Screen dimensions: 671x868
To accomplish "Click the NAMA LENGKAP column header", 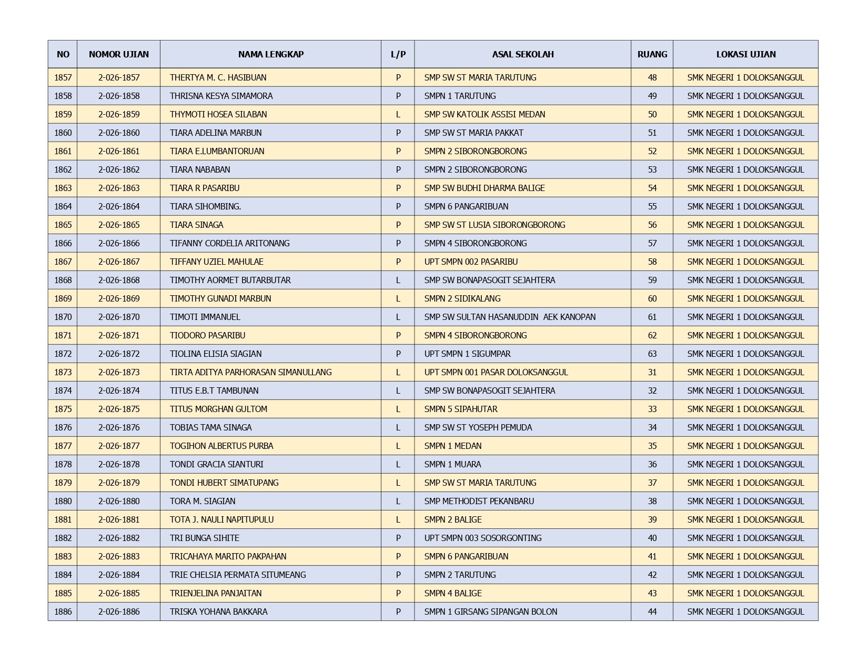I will (270, 54).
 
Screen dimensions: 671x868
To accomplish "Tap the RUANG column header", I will (652, 54).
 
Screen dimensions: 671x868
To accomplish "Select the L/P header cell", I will (398, 54).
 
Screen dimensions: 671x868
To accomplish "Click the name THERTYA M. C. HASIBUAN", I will (218, 77).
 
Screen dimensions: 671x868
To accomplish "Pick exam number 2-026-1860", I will (119, 133).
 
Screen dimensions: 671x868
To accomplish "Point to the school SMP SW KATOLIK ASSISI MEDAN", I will (485, 114).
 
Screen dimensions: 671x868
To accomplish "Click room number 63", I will (652, 354).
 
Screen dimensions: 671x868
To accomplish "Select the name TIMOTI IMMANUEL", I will (205, 317).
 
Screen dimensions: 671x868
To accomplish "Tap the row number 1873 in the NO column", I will (63, 372).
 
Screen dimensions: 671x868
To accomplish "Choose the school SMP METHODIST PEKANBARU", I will (479, 501).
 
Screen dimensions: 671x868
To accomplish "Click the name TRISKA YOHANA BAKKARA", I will (218, 612).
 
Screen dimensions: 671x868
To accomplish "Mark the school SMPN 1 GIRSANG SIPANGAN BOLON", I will (490, 612).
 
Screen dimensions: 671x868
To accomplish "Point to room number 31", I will (652, 372).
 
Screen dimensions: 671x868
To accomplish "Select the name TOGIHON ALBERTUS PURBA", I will (221, 446).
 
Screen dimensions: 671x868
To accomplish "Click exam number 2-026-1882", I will (119, 538).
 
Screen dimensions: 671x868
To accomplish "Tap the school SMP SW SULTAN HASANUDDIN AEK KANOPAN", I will (510, 317).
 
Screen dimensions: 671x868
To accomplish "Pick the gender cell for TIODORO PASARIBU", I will (398, 335).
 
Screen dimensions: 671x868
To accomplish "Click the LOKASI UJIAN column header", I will (745, 54).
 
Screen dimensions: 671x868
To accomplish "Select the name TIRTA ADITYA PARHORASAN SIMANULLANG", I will (250, 372).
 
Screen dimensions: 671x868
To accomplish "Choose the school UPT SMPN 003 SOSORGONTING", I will (482, 538).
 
